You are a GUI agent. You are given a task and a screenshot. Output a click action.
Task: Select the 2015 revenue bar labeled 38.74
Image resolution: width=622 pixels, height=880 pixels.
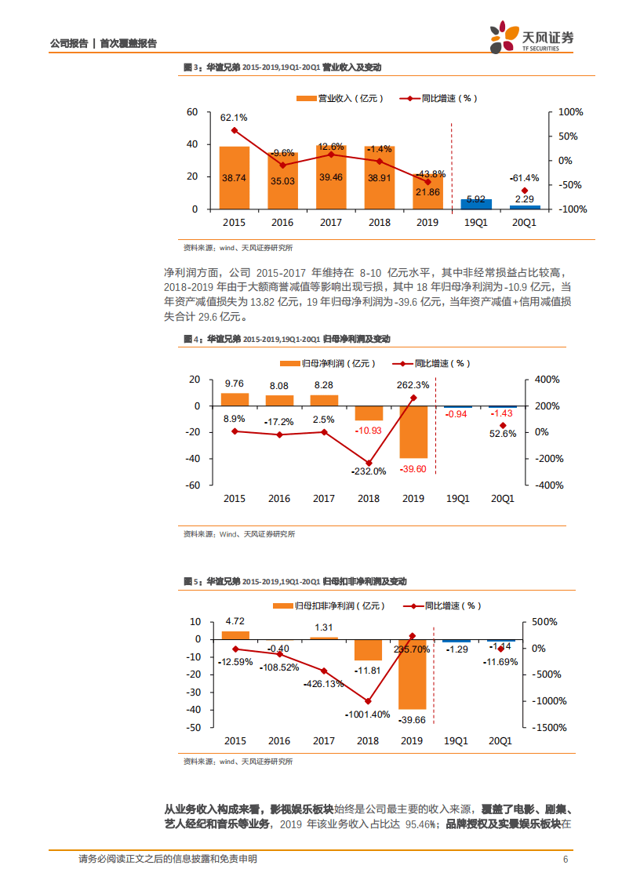(x=234, y=178)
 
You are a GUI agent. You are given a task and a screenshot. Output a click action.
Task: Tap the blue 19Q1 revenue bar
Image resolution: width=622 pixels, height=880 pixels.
(x=476, y=204)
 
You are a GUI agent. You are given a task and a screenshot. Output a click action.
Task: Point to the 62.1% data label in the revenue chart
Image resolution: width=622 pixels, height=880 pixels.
(x=233, y=118)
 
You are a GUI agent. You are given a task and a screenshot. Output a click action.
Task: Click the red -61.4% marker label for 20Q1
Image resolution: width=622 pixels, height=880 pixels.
(x=524, y=177)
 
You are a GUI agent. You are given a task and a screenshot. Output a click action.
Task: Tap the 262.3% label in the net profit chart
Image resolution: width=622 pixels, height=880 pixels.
(x=413, y=385)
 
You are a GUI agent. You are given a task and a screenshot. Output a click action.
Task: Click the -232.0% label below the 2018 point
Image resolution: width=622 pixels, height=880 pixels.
(x=369, y=471)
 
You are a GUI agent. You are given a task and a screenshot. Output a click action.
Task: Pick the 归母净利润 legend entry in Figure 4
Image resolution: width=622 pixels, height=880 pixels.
(x=328, y=363)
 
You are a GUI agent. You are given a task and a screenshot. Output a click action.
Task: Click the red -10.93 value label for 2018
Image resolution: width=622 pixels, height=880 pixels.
(x=368, y=431)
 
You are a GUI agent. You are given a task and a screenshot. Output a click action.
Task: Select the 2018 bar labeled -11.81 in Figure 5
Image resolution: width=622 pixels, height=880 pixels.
(x=368, y=649)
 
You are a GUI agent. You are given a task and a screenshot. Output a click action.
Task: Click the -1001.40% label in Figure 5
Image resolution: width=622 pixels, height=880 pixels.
(x=367, y=715)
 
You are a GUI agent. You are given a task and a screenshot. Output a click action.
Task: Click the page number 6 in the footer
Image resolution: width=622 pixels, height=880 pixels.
(x=566, y=860)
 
